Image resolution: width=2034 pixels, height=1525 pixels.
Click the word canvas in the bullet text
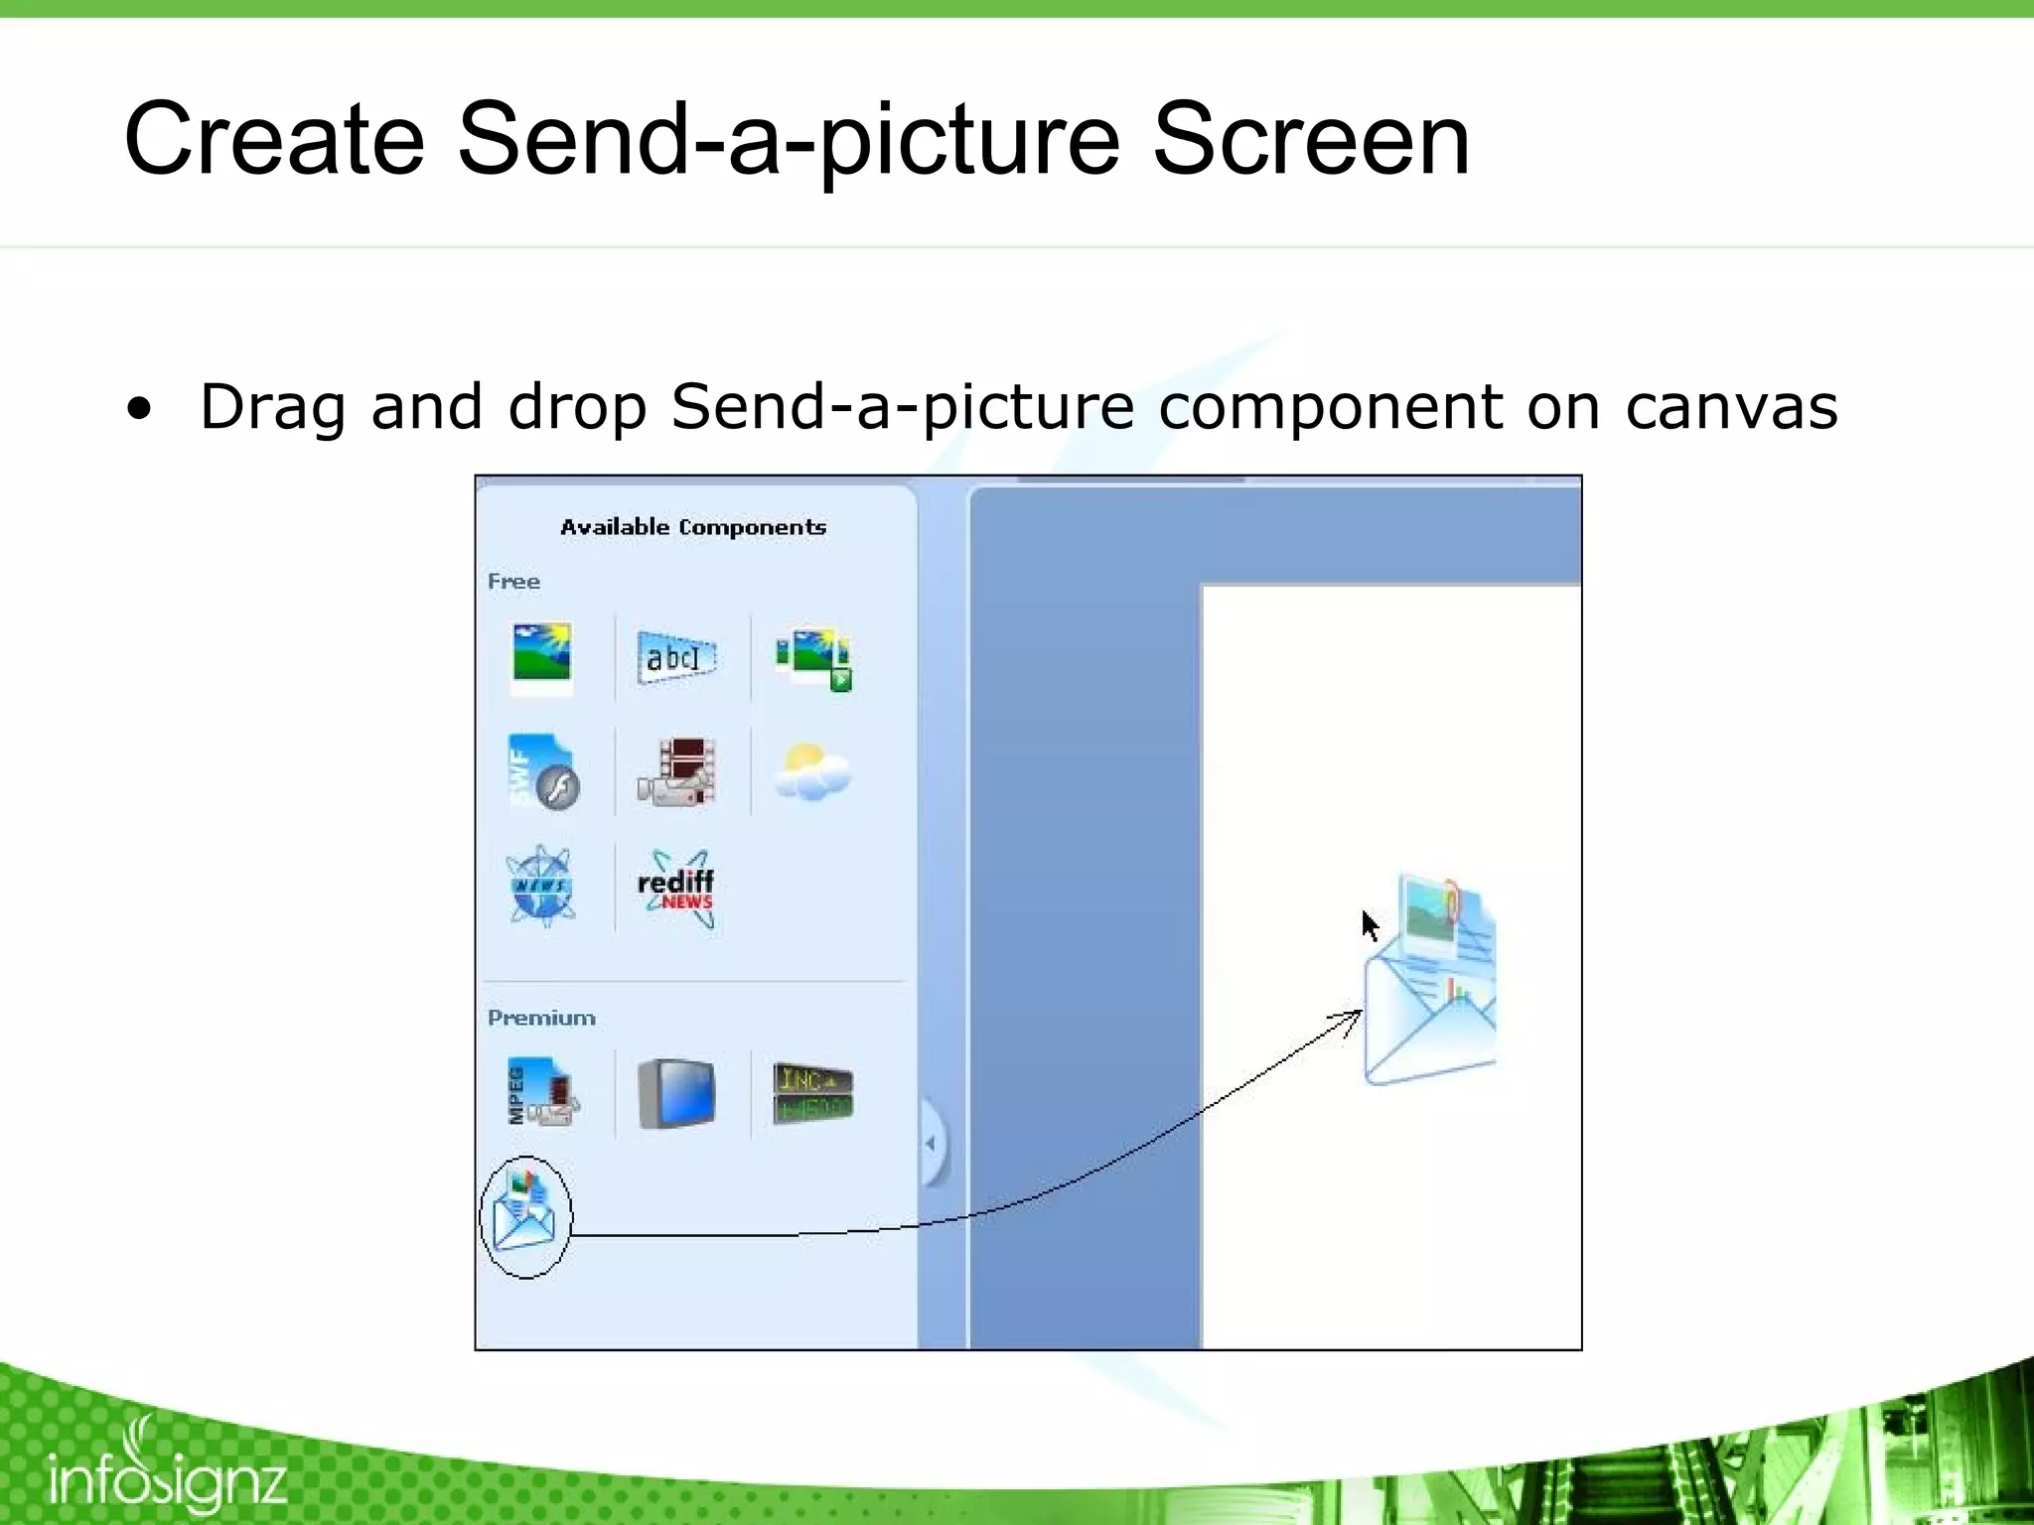point(1731,407)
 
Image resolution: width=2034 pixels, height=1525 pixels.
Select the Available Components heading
point(693,527)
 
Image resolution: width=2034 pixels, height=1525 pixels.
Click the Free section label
point(513,582)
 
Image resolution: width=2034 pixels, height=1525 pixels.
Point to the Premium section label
point(541,1018)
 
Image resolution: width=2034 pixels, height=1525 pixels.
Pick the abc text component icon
point(675,657)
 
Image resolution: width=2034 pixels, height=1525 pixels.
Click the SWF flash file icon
point(542,772)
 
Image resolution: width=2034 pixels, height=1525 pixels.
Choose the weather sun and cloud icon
point(812,772)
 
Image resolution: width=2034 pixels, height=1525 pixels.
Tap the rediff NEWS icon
point(676,888)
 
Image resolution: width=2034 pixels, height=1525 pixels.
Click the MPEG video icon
point(542,1094)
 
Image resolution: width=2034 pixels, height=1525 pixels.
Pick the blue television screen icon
point(676,1094)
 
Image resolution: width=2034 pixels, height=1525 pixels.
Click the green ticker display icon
point(813,1092)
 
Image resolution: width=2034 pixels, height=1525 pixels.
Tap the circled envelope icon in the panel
point(525,1216)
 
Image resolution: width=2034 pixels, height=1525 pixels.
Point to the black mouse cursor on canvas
point(1370,924)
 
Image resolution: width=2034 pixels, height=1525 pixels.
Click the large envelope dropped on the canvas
point(1430,983)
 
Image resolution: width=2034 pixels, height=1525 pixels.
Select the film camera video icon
point(676,772)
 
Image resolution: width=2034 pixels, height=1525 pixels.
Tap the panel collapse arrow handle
point(931,1143)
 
